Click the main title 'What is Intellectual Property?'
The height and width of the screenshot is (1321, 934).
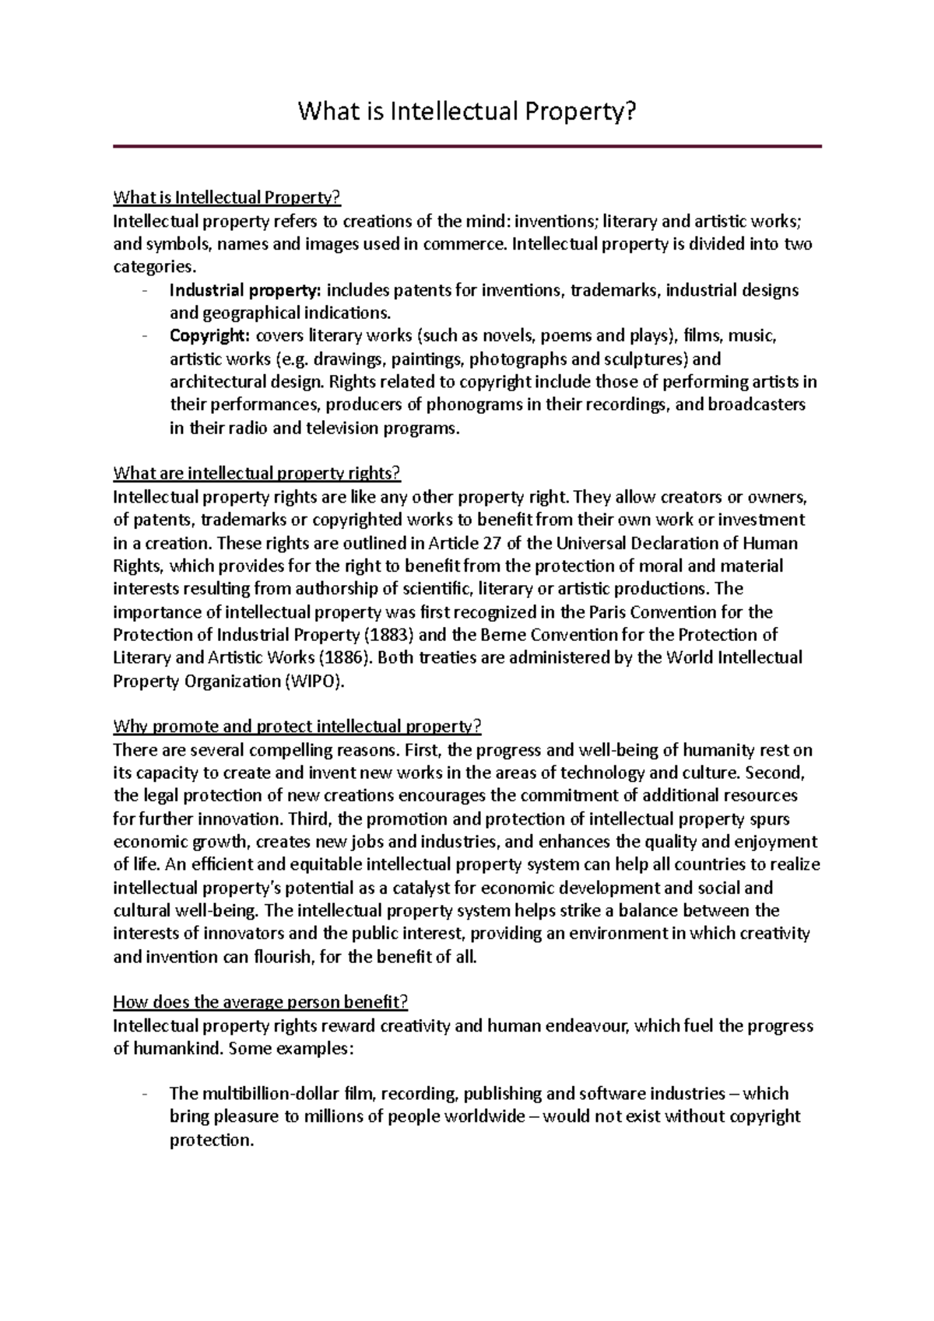coord(467,113)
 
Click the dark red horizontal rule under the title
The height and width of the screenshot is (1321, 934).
coord(467,146)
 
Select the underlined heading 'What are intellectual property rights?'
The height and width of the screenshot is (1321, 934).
coord(256,473)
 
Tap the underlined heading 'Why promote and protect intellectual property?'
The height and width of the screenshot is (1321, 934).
coord(297,727)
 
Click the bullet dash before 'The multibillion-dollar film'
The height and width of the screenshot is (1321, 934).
coord(146,1094)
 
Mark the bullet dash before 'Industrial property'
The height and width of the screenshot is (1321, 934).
coord(146,292)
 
